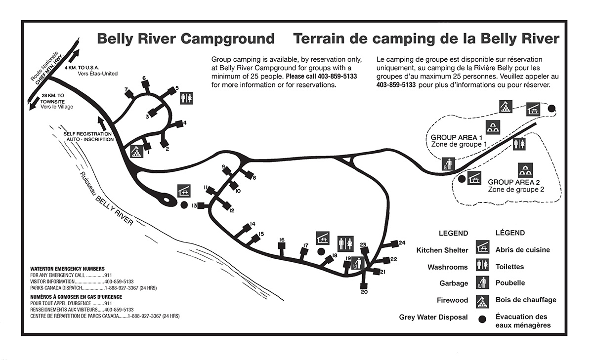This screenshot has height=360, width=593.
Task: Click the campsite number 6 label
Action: tap(144, 78)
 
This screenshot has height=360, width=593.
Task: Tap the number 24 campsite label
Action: tap(402, 242)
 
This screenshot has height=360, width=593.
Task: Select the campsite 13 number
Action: tap(195, 205)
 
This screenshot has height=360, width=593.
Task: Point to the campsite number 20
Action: tap(364, 292)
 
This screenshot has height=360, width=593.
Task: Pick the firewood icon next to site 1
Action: tap(135, 151)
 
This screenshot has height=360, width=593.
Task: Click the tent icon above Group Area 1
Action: tap(491, 127)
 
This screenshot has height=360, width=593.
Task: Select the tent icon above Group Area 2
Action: tap(525, 170)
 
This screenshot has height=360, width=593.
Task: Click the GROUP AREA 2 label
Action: tap(511, 182)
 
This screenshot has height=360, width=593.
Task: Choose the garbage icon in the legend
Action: tap(482, 283)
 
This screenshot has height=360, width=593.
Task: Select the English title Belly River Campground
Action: tap(185, 39)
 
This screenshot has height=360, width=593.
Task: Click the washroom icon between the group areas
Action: tap(519, 143)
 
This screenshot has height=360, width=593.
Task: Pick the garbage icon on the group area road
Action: tap(448, 163)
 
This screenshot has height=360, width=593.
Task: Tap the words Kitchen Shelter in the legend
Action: tap(442, 250)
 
